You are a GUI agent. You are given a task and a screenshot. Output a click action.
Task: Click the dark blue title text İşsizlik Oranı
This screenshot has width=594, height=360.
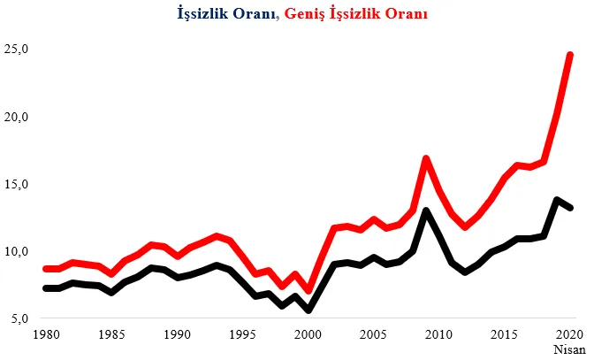point(227,15)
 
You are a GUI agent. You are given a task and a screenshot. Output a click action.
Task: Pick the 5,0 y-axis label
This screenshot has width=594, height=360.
point(19,318)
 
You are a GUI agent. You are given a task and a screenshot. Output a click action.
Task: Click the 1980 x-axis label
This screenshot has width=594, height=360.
point(46,336)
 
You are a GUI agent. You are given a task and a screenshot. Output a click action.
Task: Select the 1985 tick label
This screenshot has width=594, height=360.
point(111,336)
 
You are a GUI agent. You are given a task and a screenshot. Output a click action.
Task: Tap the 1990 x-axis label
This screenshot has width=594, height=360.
point(178,336)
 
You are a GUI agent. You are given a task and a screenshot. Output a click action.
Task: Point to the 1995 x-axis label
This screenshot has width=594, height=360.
point(243,336)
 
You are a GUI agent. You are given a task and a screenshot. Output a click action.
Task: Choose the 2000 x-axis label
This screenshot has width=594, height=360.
point(308,336)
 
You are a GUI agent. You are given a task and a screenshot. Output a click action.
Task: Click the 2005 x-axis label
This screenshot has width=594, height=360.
point(374,336)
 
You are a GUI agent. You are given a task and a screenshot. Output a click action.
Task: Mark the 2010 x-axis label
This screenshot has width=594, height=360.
point(439,336)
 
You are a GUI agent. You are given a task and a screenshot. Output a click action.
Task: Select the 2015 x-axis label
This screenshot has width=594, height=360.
point(505,336)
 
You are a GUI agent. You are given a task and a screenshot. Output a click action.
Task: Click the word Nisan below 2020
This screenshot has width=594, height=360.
point(570,349)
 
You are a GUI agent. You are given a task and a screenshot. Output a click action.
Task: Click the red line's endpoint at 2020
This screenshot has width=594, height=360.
point(570,56)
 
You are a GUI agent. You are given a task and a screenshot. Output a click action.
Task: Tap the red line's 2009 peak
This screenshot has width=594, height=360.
point(426,159)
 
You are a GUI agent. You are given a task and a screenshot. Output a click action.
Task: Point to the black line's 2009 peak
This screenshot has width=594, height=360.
point(426,211)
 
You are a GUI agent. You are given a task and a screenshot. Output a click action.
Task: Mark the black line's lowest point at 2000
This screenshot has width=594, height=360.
point(308,310)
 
